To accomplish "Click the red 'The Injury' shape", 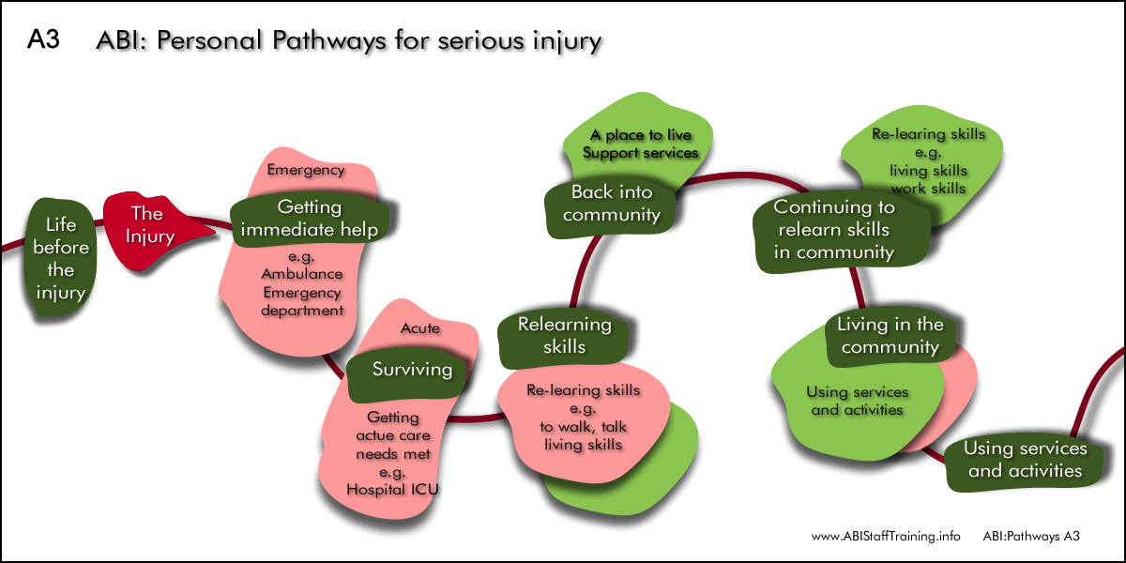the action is [151, 230].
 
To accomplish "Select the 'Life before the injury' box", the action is [60, 257].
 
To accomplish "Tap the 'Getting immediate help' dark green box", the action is [310, 219].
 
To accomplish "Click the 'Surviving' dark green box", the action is [408, 373].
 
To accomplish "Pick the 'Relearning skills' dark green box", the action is [564, 336].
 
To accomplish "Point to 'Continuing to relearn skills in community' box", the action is [840, 231].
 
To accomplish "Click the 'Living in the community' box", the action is [890, 336].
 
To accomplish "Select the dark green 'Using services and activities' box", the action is [1025, 460].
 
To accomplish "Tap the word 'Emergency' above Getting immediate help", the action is [306, 170].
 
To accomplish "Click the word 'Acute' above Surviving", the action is [420, 328].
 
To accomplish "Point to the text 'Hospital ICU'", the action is [392, 489].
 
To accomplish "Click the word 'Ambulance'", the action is [301, 274].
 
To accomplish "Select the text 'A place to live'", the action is [641, 135].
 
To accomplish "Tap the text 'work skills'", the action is [928, 189].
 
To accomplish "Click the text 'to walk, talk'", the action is [583, 427].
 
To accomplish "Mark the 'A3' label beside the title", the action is [43, 39].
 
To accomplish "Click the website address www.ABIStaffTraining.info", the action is [886, 537].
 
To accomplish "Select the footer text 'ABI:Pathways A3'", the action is [1031, 537].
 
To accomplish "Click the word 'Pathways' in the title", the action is [329, 41].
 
